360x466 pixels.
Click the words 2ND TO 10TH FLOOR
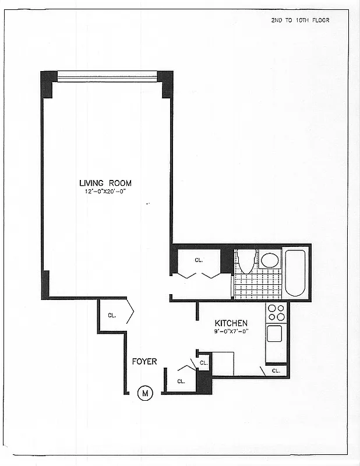point(300,20)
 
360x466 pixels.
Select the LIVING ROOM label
point(105,183)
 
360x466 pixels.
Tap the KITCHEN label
point(231,323)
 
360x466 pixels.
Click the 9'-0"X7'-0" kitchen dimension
point(231,331)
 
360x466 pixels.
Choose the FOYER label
point(144,362)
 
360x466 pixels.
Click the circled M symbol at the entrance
point(145,394)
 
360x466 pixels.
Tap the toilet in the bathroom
point(246,261)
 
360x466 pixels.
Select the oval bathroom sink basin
point(269,260)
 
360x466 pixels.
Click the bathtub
point(296,272)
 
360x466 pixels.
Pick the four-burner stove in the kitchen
point(276,313)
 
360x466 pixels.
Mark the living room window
point(107,76)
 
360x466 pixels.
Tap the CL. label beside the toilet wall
point(199,260)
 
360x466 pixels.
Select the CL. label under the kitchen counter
point(276,370)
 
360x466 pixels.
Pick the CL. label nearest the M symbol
point(181,382)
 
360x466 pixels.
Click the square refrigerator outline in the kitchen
point(223,363)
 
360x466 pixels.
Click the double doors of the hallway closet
point(199,274)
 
